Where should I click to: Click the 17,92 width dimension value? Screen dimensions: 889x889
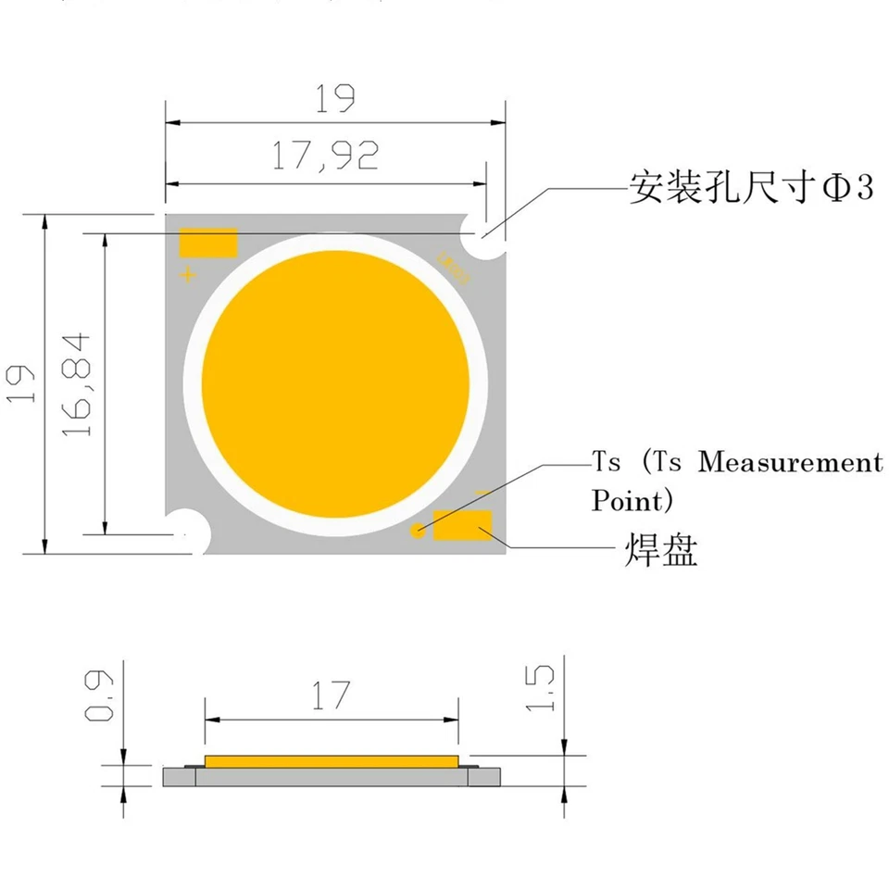325,155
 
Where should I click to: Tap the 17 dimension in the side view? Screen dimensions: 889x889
331,695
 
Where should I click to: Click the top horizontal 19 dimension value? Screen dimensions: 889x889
335,97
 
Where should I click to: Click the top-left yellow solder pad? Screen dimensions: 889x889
208,243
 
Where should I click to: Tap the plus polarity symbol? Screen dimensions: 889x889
188,275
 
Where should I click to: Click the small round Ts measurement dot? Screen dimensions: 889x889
419,530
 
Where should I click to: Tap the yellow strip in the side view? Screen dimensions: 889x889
332,761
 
